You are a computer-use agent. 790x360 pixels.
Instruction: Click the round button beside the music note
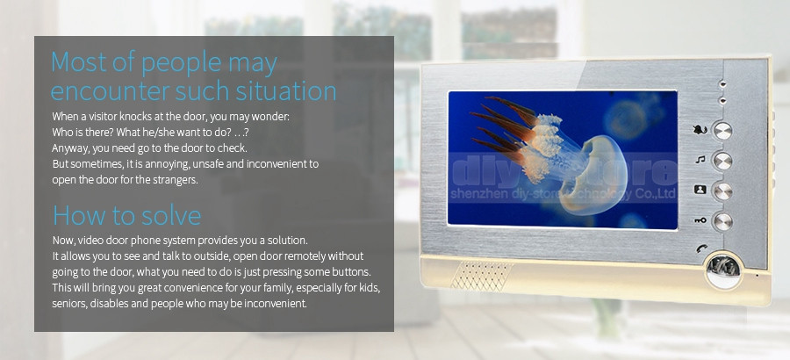722,161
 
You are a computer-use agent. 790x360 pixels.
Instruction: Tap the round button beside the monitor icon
722,191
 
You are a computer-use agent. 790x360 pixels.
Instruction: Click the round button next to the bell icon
722,131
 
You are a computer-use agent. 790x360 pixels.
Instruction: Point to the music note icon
700,160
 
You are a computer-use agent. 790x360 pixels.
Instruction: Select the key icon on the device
700,220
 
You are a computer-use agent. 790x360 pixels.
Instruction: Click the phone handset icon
701,248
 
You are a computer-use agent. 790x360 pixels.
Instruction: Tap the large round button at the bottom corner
723,270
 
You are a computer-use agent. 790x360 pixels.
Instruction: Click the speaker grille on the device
482,276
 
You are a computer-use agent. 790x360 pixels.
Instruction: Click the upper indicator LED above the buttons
723,83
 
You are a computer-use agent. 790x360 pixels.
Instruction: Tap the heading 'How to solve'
127,215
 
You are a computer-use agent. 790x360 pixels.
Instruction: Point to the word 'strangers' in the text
176,180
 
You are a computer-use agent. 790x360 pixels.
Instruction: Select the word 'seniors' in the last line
69,304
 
